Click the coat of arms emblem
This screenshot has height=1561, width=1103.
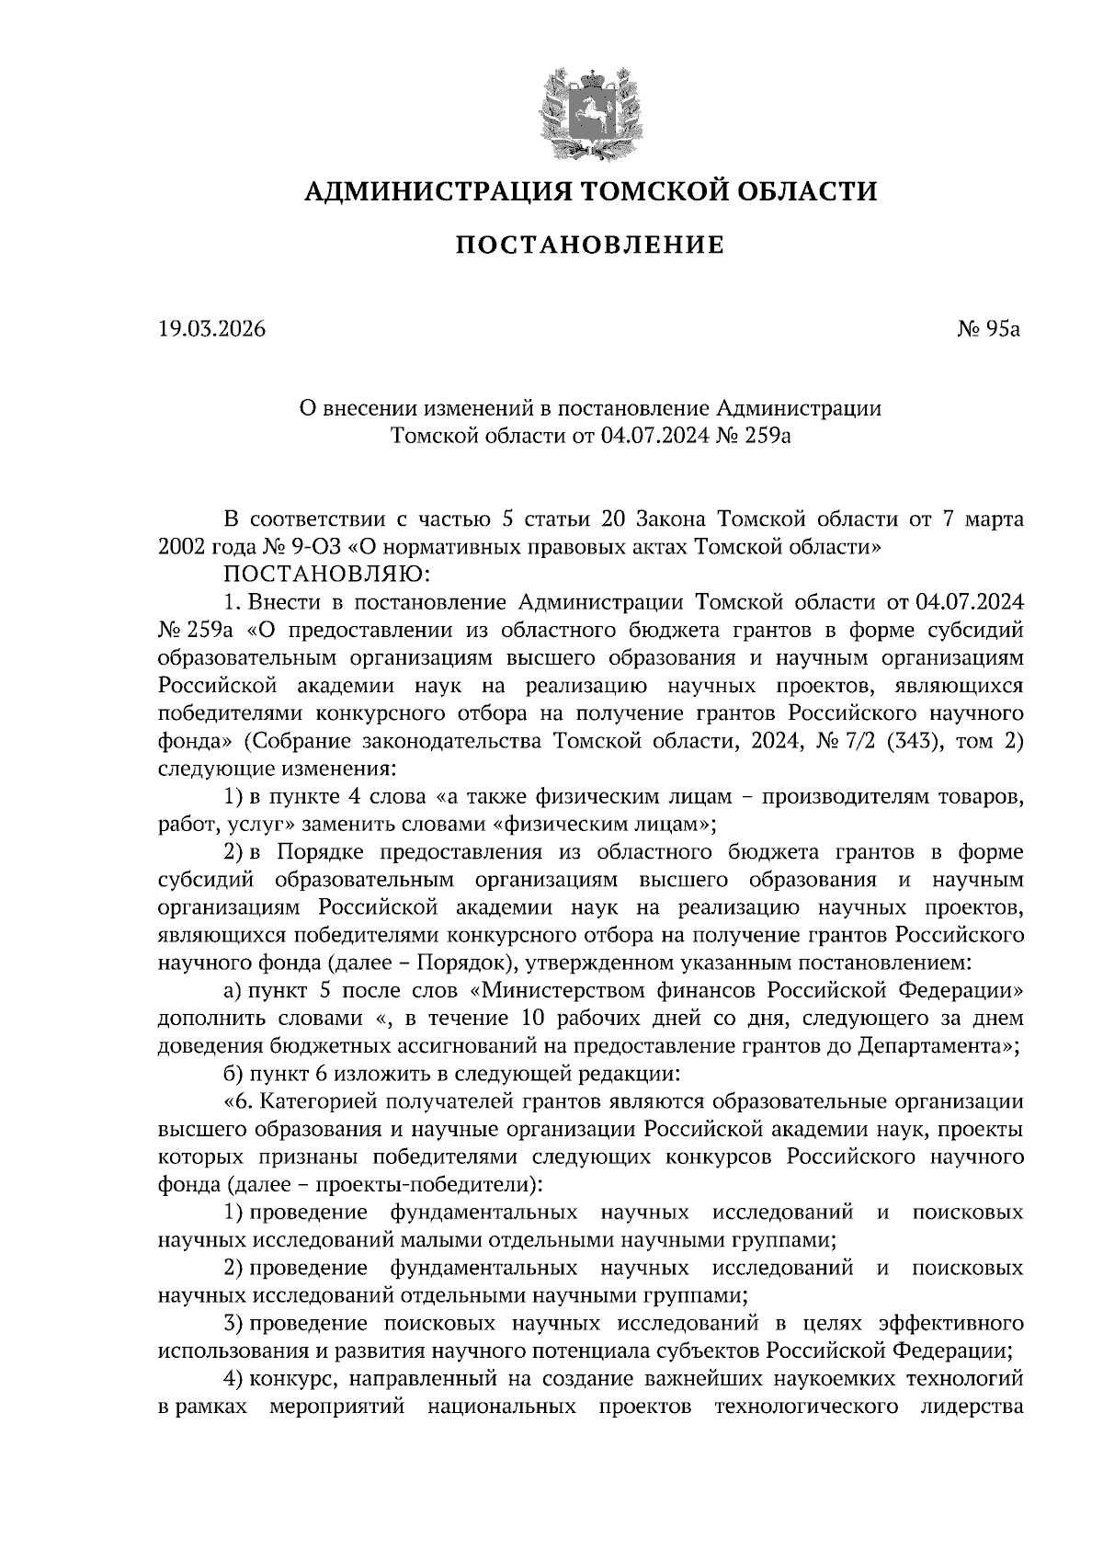[x=589, y=111]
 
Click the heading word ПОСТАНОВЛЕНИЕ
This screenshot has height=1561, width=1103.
[x=589, y=245]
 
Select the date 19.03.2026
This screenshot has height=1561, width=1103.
[x=211, y=328]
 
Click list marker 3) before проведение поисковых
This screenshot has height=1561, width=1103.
[x=233, y=1323]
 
